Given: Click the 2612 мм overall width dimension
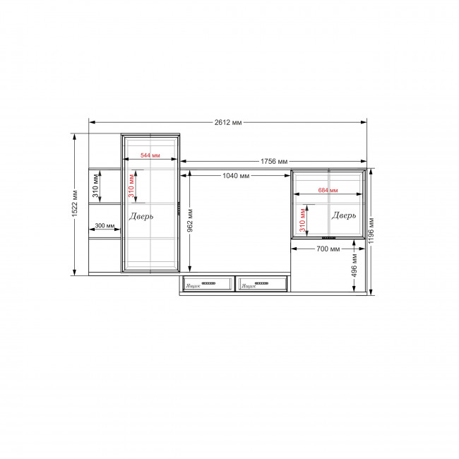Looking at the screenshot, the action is point(228,122).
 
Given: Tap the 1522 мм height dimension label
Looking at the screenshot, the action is point(75,204).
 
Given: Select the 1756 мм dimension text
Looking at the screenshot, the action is point(274,161).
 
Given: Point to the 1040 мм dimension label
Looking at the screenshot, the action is point(236,176).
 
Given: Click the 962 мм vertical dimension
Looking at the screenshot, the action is point(190,220).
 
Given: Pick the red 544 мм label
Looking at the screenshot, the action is point(150,155).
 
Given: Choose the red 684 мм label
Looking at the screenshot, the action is point(328,190).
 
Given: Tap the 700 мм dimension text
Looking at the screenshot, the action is point(328,249).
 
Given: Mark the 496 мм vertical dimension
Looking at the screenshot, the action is point(354,266).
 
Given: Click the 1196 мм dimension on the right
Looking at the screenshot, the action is point(371,231).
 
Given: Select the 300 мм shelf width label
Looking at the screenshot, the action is point(105,226).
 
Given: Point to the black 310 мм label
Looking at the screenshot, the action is point(96,186).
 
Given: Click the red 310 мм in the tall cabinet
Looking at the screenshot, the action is point(131,186).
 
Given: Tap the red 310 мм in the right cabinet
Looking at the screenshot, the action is point(302,220).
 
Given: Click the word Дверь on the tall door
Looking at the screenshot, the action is point(141,216).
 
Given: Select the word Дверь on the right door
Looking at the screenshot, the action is point(344,215).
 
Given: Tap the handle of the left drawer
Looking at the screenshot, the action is point(208,283).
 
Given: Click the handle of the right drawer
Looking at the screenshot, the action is point(261,283).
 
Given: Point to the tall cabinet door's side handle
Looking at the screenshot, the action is point(179,208).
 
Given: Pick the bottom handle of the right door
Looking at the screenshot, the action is point(328,238).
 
